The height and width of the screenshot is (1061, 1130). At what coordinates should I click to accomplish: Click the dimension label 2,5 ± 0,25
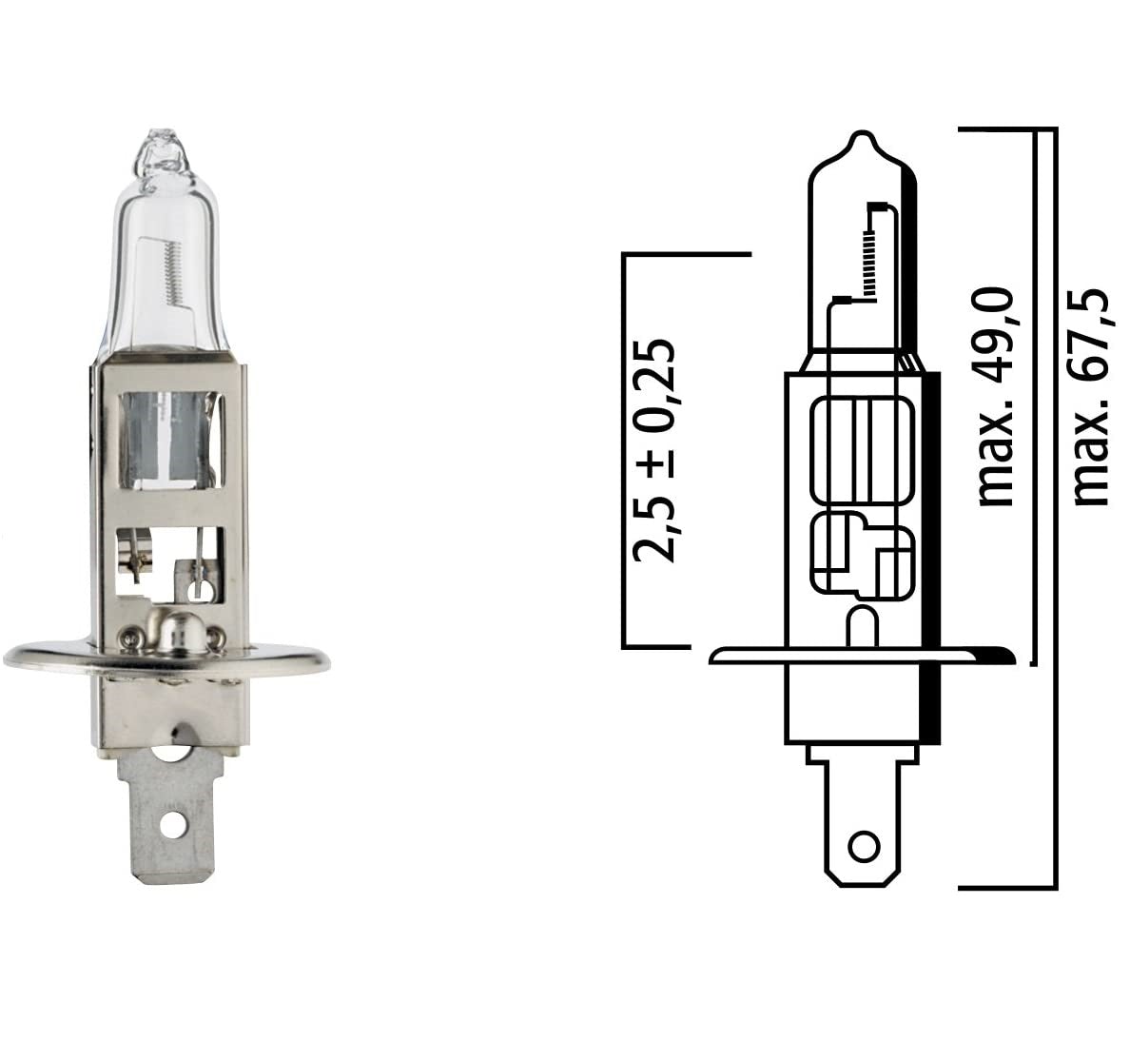click(656, 449)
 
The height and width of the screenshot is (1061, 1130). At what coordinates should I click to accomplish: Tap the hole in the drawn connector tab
click(864, 844)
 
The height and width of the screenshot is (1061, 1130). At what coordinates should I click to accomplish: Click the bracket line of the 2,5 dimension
click(626, 447)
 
